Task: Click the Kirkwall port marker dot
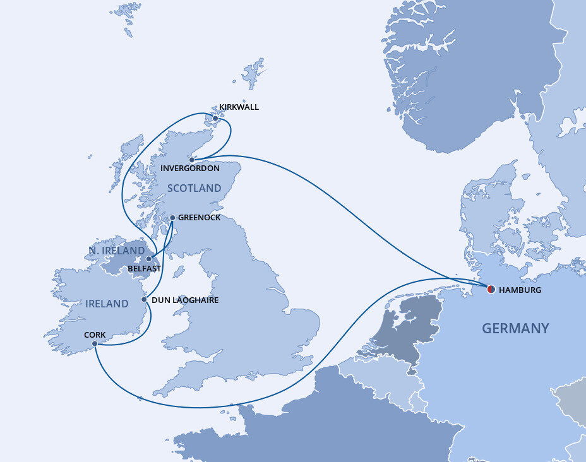[215, 118]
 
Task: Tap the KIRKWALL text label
[238, 107]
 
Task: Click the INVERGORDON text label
[190, 169]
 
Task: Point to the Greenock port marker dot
[172, 218]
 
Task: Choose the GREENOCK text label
[200, 217]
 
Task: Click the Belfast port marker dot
[149, 259]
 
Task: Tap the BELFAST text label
[144, 268]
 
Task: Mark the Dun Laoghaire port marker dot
[145, 300]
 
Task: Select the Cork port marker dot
[95, 344]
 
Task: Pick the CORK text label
[95, 335]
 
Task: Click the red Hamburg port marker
[491, 290]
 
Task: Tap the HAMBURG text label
[520, 290]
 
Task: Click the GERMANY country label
[515, 328]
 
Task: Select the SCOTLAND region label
[194, 188]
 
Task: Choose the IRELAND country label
[107, 304]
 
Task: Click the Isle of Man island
[179, 272]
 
